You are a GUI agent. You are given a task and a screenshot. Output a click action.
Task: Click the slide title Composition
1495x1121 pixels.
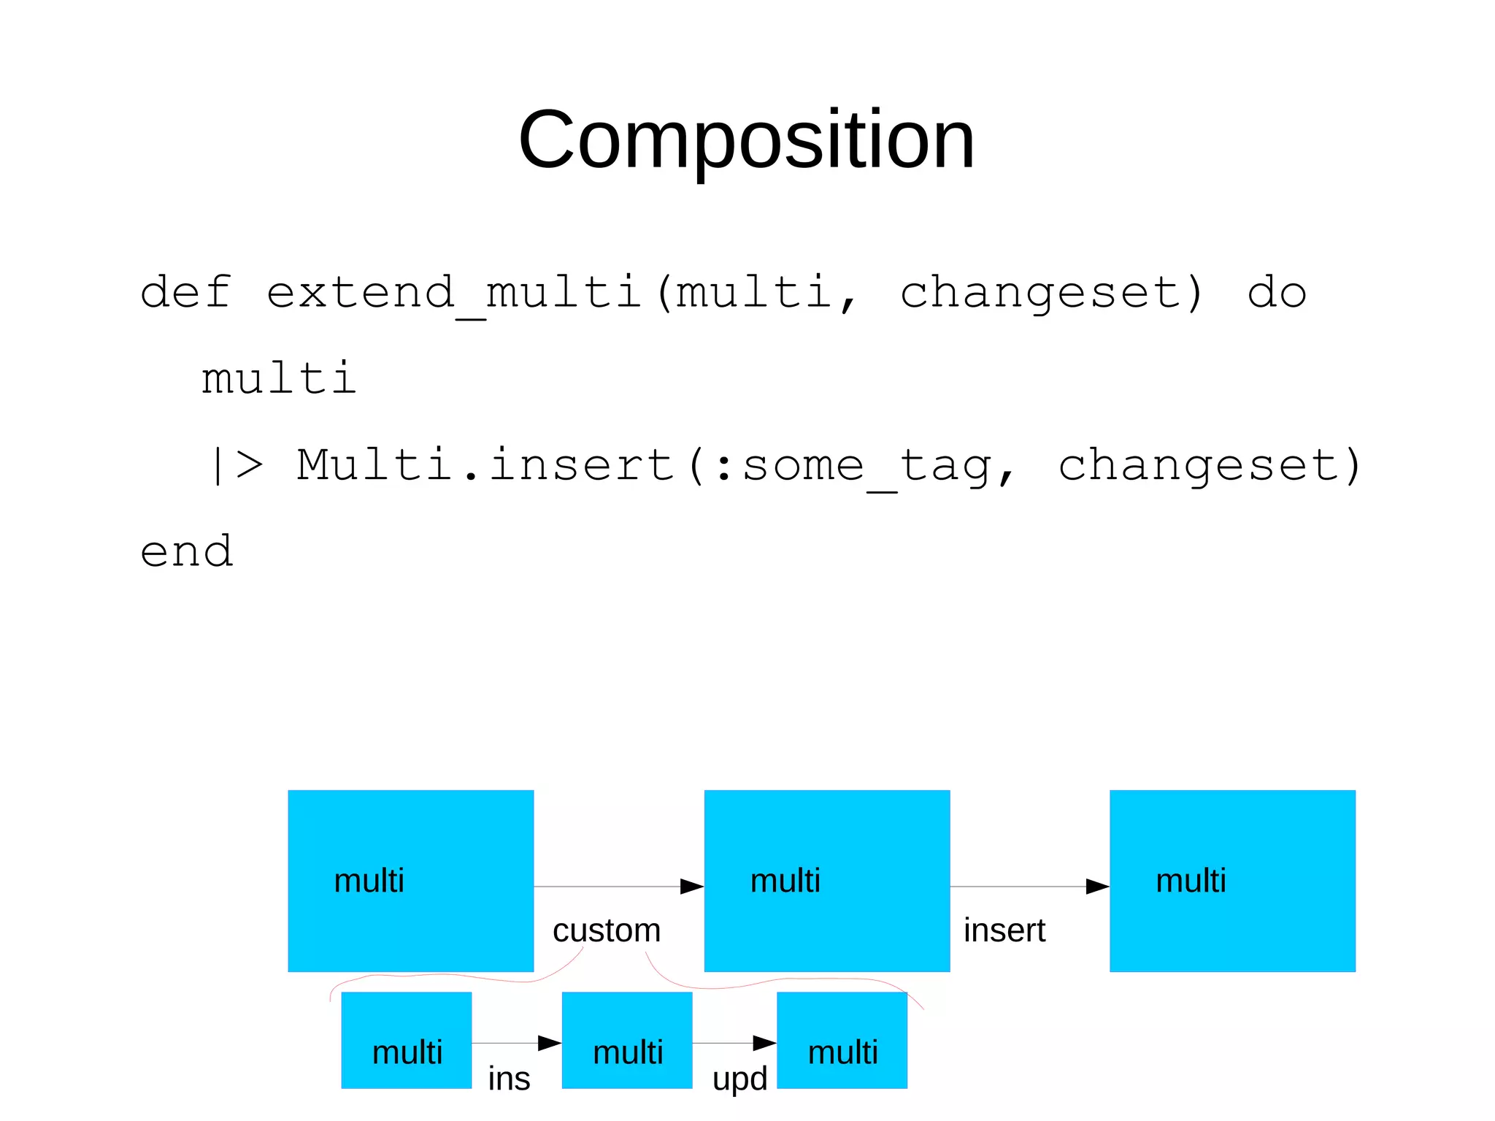(x=746, y=139)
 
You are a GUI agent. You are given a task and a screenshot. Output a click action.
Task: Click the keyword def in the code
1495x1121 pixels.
(x=186, y=292)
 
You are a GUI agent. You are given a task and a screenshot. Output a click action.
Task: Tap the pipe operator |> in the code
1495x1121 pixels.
(x=236, y=465)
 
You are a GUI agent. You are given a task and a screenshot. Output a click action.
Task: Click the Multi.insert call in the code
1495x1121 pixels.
(x=485, y=465)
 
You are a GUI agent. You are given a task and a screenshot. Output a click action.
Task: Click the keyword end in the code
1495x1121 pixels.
(x=186, y=551)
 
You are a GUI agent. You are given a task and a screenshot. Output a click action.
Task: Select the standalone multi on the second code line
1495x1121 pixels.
(x=279, y=378)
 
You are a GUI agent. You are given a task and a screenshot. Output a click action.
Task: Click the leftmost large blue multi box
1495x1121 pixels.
(x=410, y=881)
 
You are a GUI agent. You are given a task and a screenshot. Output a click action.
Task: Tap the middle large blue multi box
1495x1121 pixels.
(x=826, y=881)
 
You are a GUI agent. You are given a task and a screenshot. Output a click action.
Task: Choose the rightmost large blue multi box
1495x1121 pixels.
(x=1232, y=881)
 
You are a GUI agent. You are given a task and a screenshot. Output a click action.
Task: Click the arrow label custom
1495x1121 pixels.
(x=607, y=930)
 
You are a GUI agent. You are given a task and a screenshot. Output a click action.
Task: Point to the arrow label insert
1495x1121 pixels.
(x=1004, y=930)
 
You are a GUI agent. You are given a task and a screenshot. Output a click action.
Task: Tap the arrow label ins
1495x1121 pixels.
(x=509, y=1079)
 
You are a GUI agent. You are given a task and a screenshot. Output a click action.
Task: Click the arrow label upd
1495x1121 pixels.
(x=739, y=1079)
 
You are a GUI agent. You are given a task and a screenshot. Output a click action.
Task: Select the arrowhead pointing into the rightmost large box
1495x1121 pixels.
(x=1097, y=887)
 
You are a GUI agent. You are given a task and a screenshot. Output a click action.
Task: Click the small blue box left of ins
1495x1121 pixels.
(x=406, y=1040)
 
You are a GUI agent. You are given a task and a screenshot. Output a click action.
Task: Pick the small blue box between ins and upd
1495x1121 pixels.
(x=626, y=1040)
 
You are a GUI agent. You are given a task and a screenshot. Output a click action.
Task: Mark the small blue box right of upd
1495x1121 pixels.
(x=842, y=1040)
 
